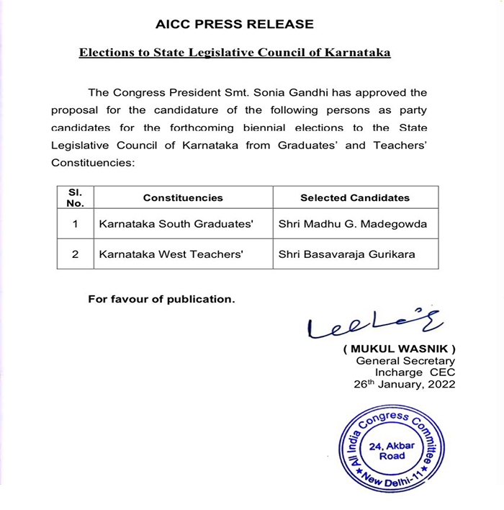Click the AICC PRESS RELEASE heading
(x=235, y=24)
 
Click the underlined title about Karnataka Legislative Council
(x=235, y=53)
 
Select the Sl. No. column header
(x=75, y=197)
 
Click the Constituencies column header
(x=183, y=197)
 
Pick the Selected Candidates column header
(x=355, y=197)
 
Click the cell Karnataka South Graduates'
(x=176, y=224)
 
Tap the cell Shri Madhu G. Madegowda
(x=352, y=224)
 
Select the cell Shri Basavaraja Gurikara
(x=346, y=254)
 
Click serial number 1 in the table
(x=75, y=224)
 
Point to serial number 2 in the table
(x=75, y=254)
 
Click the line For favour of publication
(x=161, y=299)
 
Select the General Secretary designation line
(x=405, y=361)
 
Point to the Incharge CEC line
(x=415, y=372)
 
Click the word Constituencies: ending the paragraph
(x=93, y=164)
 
